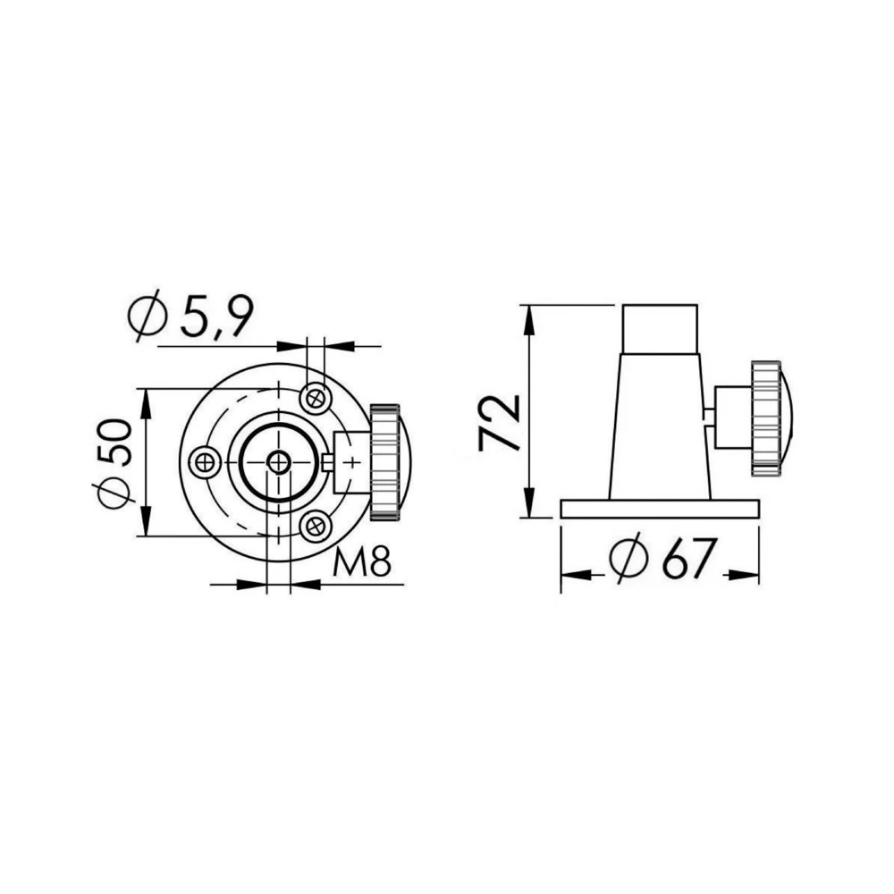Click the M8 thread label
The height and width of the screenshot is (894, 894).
[362, 563]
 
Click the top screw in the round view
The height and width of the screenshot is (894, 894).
[314, 396]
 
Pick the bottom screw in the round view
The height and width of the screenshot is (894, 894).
[314, 527]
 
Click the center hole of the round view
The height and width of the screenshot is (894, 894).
[279, 462]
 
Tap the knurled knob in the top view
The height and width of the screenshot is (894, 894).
[385, 462]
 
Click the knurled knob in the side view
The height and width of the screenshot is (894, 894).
[766, 417]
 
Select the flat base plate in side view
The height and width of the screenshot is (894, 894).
[660, 509]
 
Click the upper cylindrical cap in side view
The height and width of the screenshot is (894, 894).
[660, 329]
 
